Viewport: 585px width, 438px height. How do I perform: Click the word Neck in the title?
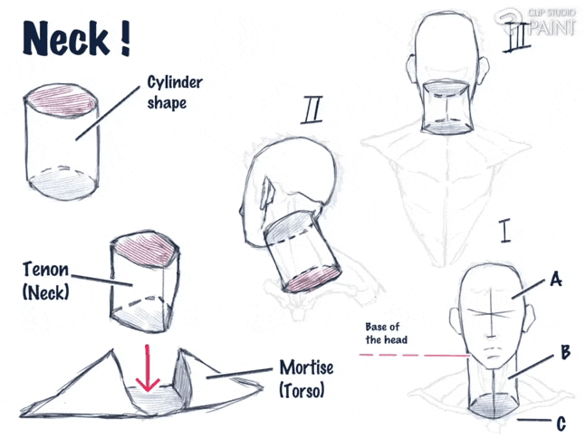coord(66,39)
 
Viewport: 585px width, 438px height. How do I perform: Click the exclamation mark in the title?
coord(125,39)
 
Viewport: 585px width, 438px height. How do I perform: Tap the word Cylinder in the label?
coord(175,83)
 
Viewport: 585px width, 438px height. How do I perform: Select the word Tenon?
coord(46,270)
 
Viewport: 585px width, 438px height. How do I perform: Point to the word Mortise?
coord(306,368)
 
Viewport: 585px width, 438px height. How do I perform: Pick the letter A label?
coord(556,279)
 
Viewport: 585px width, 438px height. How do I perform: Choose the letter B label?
coord(566,352)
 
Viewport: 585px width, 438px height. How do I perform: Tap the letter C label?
coord(561,424)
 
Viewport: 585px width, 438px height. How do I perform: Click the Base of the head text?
coord(386,333)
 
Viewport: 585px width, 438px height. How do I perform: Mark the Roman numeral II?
coord(312,109)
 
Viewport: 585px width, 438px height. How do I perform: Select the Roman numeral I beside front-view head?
coord(505,231)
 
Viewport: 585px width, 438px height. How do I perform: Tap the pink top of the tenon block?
coord(146,248)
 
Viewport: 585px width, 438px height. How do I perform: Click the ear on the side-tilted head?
coord(269,192)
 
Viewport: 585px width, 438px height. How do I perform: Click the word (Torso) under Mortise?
coord(302,391)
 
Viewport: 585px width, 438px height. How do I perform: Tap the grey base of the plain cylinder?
coord(62,184)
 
